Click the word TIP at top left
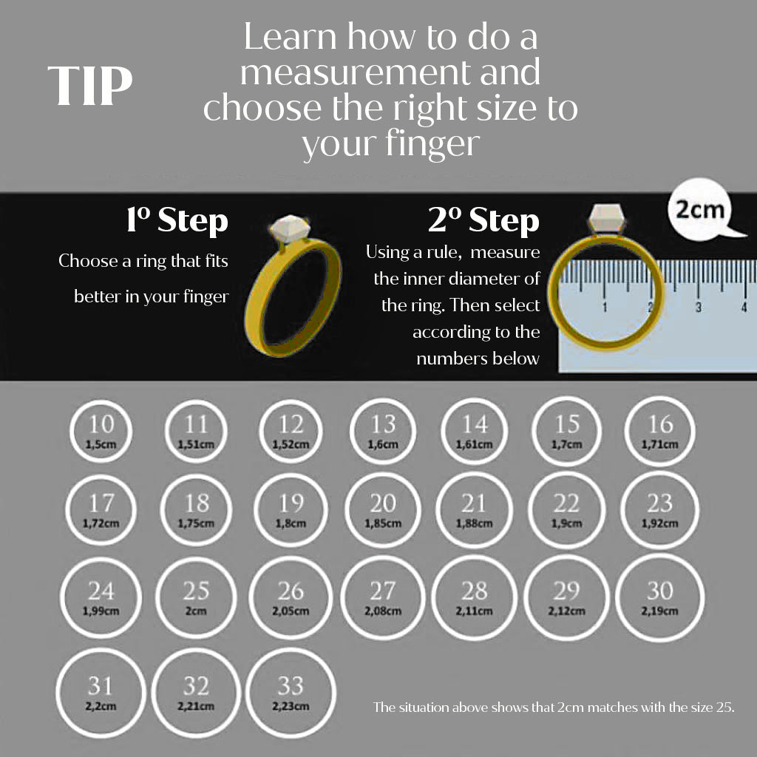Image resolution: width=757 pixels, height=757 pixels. [x=89, y=86]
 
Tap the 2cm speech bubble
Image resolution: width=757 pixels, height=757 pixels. [x=699, y=211]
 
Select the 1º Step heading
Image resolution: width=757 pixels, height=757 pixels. [x=177, y=220]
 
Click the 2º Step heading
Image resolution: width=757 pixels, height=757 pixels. [x=483, y=220]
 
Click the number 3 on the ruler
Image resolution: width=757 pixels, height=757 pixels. [x=698, y=307]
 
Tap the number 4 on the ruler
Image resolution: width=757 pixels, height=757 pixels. [x=744, y=307]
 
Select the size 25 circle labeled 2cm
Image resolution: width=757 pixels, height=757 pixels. [x=196, y=597]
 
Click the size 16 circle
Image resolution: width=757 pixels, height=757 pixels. [x=660, y=431]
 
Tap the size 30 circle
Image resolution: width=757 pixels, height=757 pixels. [x=659, y=597]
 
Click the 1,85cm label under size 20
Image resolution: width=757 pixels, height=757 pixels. [x=383, y=523]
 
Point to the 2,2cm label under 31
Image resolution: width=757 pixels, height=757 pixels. [x=101, y=707]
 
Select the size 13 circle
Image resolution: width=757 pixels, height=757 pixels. [x=383, y=431]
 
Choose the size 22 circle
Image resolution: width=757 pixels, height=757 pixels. [x=566, y=511]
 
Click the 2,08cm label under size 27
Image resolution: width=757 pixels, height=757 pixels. [x=383, y=611]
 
